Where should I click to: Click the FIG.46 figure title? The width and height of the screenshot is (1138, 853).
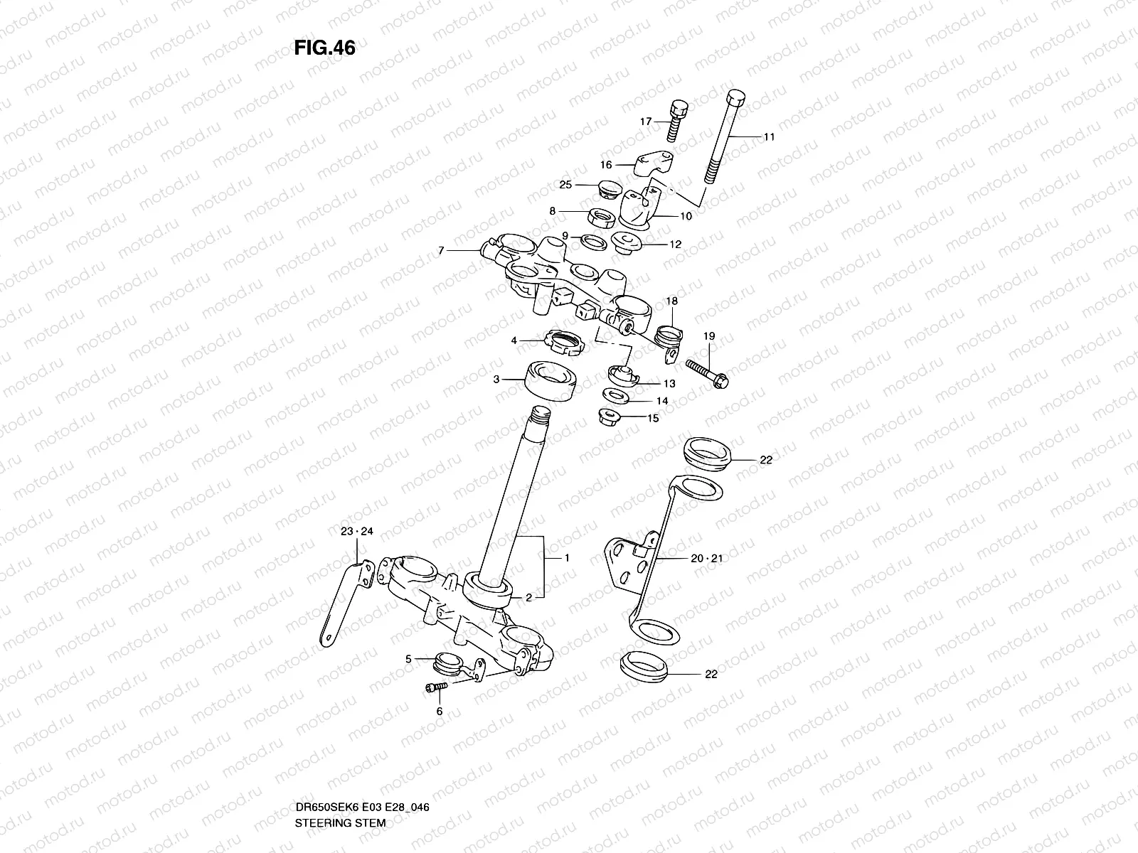pyautogui.click(x=324, y=48)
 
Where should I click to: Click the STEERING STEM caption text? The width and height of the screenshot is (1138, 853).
pyautogui.click(x=340, y=823)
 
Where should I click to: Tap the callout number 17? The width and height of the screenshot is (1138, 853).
pyautogui.click(x=646, y=121)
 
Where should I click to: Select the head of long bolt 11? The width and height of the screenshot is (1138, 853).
pyautogui.click(x=736, y=98)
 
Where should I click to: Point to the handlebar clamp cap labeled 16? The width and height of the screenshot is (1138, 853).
pyautogui.click(x=653, y=163)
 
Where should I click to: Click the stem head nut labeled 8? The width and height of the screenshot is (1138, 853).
pyautogui.click(x=602, y=217)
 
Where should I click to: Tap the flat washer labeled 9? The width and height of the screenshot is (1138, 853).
pyautogui.click(x=594, y=242)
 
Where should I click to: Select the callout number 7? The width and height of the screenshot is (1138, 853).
pyautogui.click(x=441, y=251)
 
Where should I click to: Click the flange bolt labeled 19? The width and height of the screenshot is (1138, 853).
pyautogui.click(x=707, y=374)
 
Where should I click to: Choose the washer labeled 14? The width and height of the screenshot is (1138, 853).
pyautogui.click(x=616, y=397)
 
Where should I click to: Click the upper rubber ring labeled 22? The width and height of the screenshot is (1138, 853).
pyautogui.click(x=707, y=454)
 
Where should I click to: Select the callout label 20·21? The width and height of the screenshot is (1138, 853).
pyautogui.click(x=707, y=558)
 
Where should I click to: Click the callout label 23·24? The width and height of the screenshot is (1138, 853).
pyautogui.click(x=357, y=532)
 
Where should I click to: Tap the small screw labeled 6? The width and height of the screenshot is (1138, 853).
pyautogui.click(x=436, y=687)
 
